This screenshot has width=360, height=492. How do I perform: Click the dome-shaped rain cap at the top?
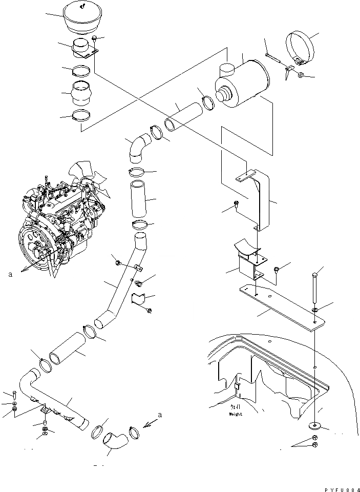point(82,18)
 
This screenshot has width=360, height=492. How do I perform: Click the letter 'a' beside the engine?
point(10,275)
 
